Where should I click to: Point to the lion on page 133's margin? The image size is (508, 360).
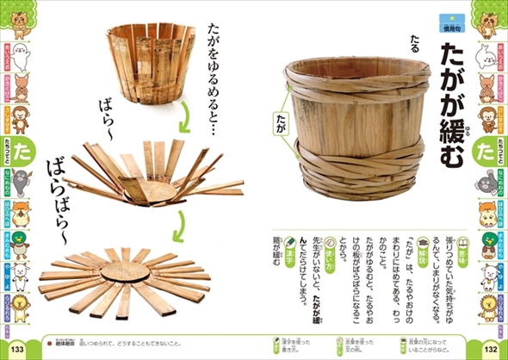pyautogui.click(x=14, y=302)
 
